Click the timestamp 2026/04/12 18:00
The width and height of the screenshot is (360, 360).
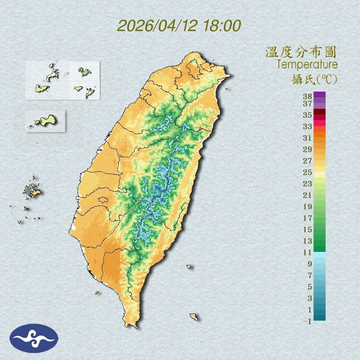[179, 26]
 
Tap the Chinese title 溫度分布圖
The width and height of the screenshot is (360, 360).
[301, 53]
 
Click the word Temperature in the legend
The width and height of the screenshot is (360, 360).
[307, 65]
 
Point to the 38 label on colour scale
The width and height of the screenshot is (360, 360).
[307, 97]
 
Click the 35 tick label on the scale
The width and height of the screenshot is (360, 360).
[307, 115]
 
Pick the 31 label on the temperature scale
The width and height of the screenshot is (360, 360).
[307, 138]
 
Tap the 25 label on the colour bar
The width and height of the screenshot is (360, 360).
[307, 172]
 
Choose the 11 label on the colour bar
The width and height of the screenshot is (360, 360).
[307, 252]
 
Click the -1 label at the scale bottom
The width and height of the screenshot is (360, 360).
[307, 322]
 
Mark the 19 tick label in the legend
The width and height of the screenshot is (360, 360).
[307, 207]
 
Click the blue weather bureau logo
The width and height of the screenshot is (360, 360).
[34, 338]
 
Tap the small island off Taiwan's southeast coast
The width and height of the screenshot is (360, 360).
[194, 317]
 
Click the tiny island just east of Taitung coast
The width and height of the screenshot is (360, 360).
[189, 267]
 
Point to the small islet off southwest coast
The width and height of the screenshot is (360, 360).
[97, 292]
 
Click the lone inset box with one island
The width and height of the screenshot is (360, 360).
[45, 121]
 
